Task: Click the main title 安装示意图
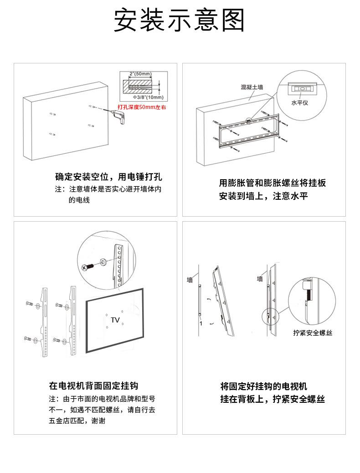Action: point(180,21)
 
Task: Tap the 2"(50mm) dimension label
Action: point(140,73)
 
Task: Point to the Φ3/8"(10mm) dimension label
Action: point(149,97)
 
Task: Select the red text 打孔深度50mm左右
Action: point(142,107)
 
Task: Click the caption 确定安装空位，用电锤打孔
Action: point(108,177)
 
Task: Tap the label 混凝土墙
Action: point(252,87)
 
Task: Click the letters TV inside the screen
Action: point(115,320)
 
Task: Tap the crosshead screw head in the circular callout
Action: point(85,268)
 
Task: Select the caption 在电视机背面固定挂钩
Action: point(100,385)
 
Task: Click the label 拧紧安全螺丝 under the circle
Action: point(313,333)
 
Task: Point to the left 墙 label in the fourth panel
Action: point(190,280)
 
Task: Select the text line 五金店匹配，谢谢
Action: point(77,421)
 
